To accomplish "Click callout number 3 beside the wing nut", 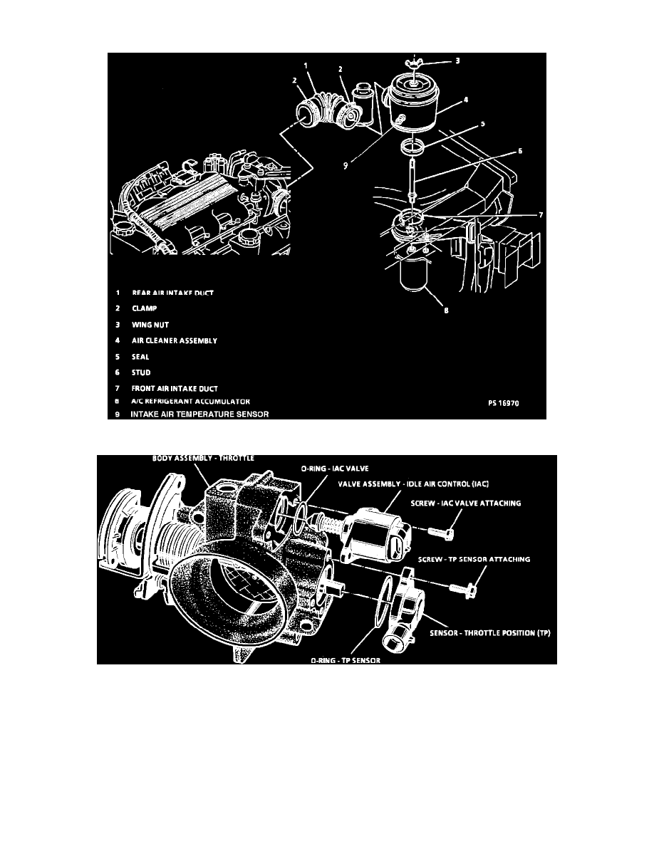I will [x=458, y=62].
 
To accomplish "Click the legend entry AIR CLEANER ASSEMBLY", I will [x=174, y=341].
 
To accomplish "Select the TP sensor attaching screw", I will [x=462, y=588].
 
